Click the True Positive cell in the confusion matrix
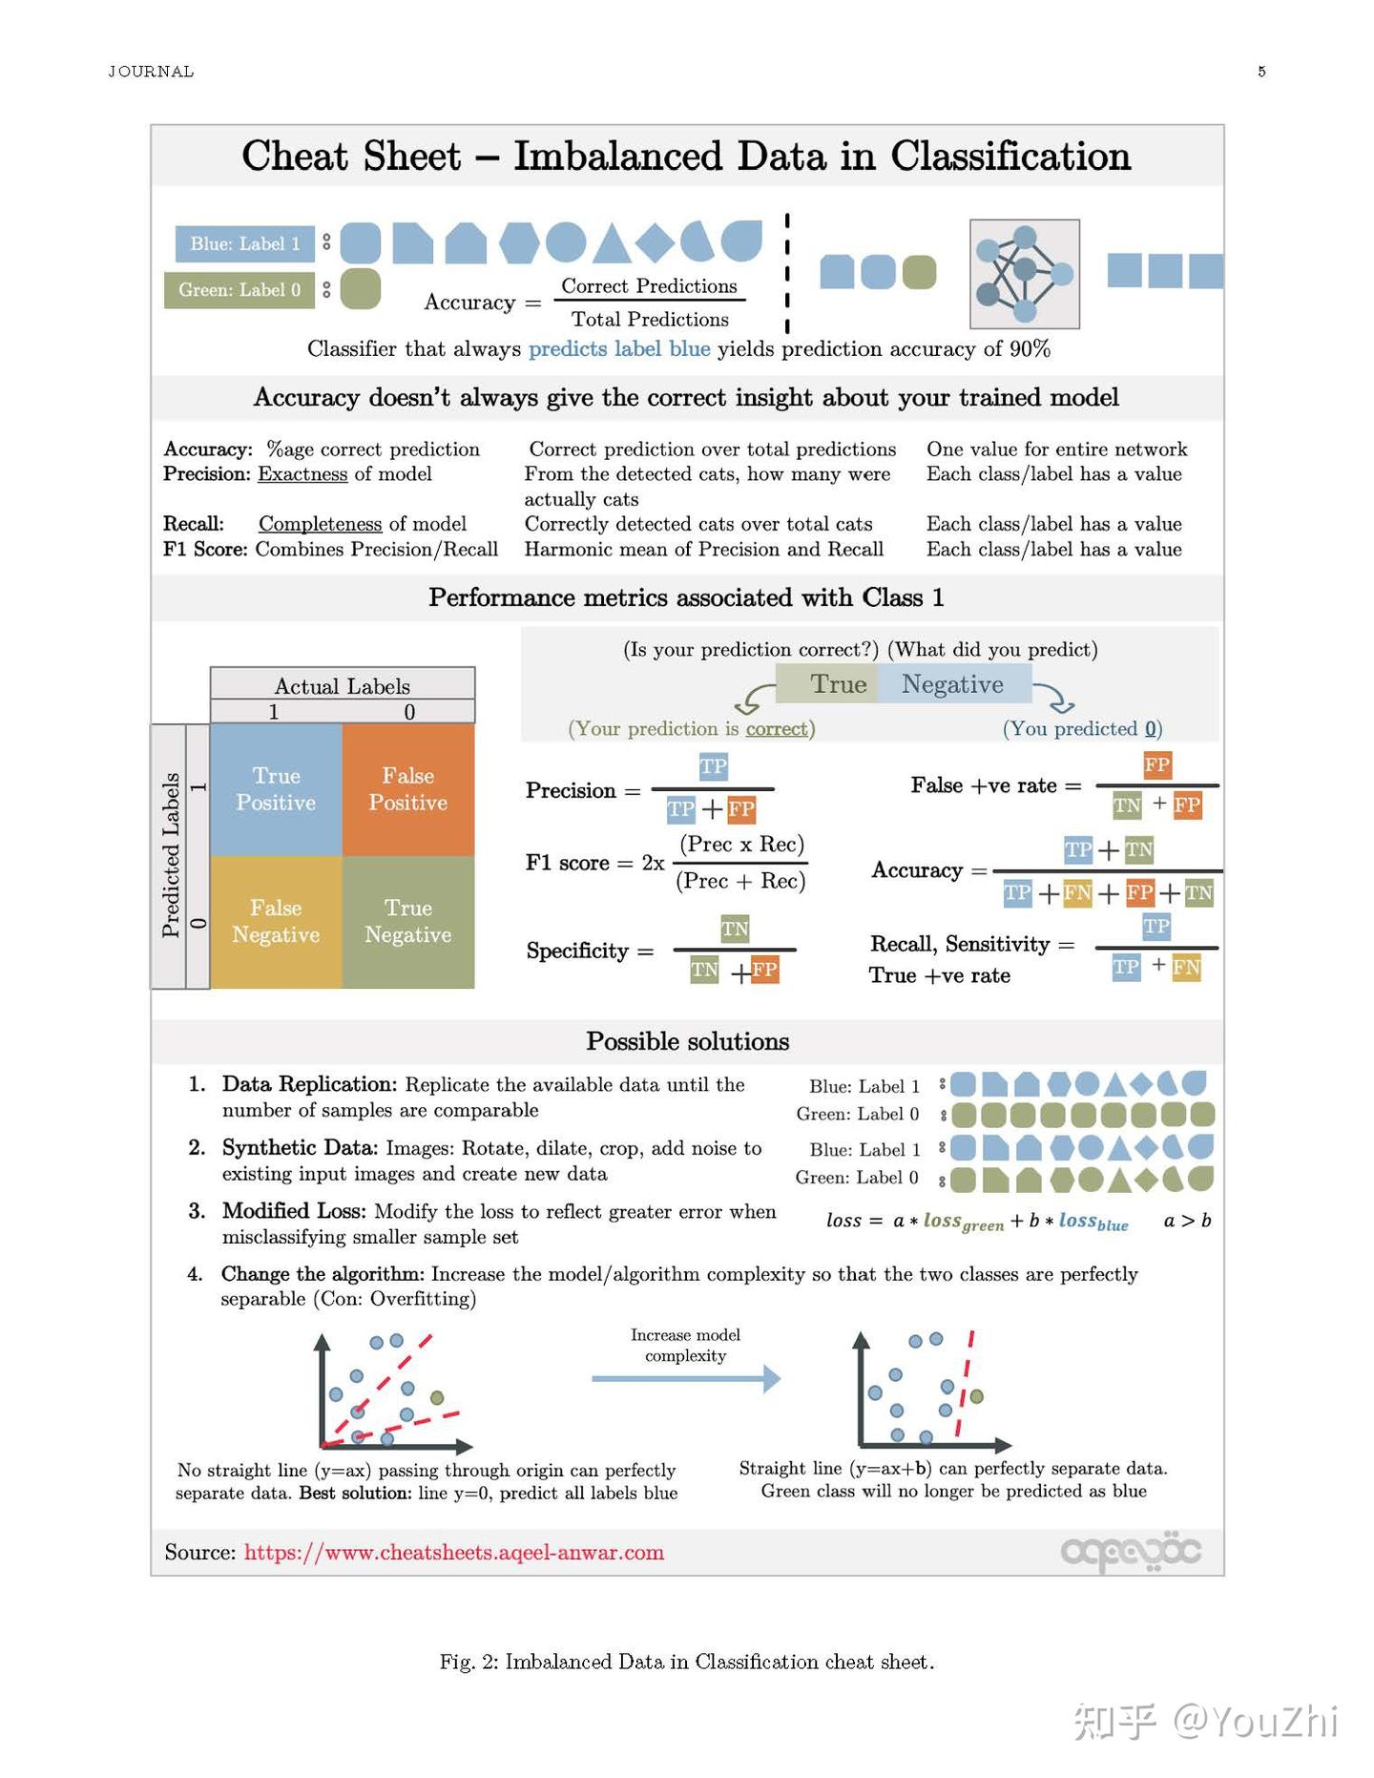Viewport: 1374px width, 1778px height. [x=276, y=788]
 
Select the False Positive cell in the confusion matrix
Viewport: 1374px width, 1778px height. [x=407, y=788]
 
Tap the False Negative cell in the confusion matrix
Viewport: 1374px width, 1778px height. [x=276, y=921]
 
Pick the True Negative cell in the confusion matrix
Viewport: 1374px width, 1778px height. [x=407, y=921]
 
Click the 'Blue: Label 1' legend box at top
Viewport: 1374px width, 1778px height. [x=244, y=243]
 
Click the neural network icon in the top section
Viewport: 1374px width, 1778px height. [x=1024, y=274]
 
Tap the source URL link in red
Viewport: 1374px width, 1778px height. [x=453, y=1552]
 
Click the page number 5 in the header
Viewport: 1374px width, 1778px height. [x=1261, y=72]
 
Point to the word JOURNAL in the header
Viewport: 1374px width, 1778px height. [x=151, y=72]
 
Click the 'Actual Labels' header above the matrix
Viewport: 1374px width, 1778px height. [x=342, y=685]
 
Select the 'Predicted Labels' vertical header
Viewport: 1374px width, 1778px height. [x=170, y=855]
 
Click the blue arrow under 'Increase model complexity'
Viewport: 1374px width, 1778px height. [x=685, y=1378]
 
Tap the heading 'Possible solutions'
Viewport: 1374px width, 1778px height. [x=687, y=1041]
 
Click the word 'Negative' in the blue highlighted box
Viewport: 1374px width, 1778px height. [x=952, y=684]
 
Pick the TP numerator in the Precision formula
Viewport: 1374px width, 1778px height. [x=713, y=766]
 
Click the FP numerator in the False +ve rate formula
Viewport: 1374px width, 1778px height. [x=1156, y=764]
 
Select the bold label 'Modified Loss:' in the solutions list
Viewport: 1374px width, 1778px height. [x=294, y=1211]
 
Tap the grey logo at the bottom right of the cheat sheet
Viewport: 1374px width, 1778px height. [x=1131, y=1553]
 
